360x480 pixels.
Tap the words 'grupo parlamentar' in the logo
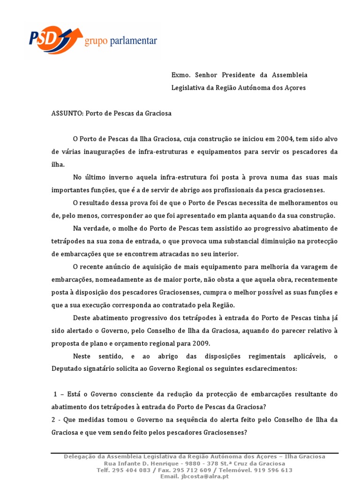120,42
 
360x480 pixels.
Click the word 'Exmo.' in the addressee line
180,75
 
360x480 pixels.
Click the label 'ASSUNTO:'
67,113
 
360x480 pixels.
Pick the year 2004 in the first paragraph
285,139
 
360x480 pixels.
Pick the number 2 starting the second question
53,420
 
